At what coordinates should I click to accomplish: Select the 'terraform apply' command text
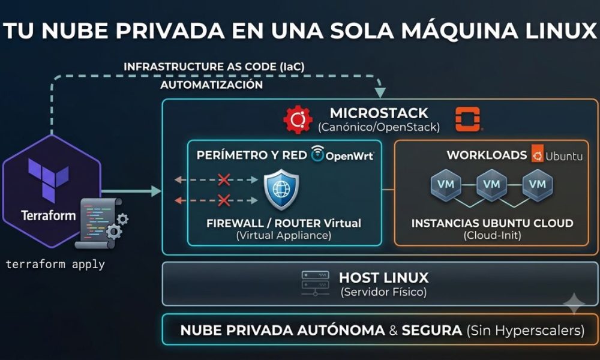(x=55, y=265)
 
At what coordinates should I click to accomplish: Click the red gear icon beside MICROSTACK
(x=298, y=119)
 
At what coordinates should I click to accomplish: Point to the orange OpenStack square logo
(x=467, y=119)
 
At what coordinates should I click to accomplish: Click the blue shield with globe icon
(x=281, y=190)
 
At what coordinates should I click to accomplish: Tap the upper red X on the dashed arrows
(x=224, y=179)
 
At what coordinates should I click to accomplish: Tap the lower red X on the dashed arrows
(x=224, y=200)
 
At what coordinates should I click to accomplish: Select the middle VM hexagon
(x=491, y=185)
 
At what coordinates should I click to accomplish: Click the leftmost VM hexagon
(x=446, y=185)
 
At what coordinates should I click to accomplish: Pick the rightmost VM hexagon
(x=537, y=185)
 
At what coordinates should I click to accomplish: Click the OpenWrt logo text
(x=349, y=156)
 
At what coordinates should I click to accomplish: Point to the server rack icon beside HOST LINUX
(x=316, y=283)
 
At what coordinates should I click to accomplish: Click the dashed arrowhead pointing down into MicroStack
(x=380, y=92)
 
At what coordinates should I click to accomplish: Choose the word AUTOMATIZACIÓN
(x=212, y=85)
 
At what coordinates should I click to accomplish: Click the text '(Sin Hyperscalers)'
(x=526, y=330)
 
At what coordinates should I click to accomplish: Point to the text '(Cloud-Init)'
(x=493, y=235)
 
